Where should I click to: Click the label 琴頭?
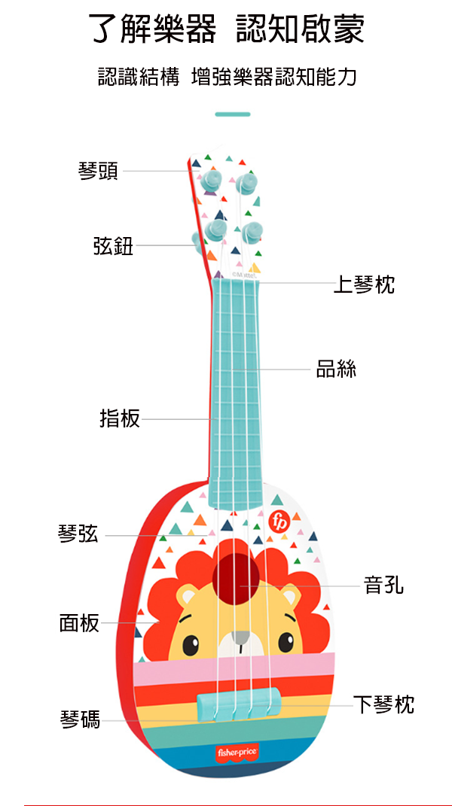click(98, 171)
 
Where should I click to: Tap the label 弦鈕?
click(113, 245)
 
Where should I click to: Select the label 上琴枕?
click(364, 284)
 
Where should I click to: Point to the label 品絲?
click(336, 369)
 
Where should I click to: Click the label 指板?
click(120, 418)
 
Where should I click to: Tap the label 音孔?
click(383, 584)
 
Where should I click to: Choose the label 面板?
click(79, 623)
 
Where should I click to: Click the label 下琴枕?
click(383, 704)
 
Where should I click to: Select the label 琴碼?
click(80, 719)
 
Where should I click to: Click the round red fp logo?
click(279, 520)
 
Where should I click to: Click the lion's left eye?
click(190, 644)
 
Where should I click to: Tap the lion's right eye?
click(286, 642)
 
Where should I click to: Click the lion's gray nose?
click(240, 637)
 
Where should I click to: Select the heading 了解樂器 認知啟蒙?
click(226, 31)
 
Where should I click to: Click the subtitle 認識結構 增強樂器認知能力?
click(227, 76)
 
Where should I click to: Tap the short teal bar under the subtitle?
click(232, 114)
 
